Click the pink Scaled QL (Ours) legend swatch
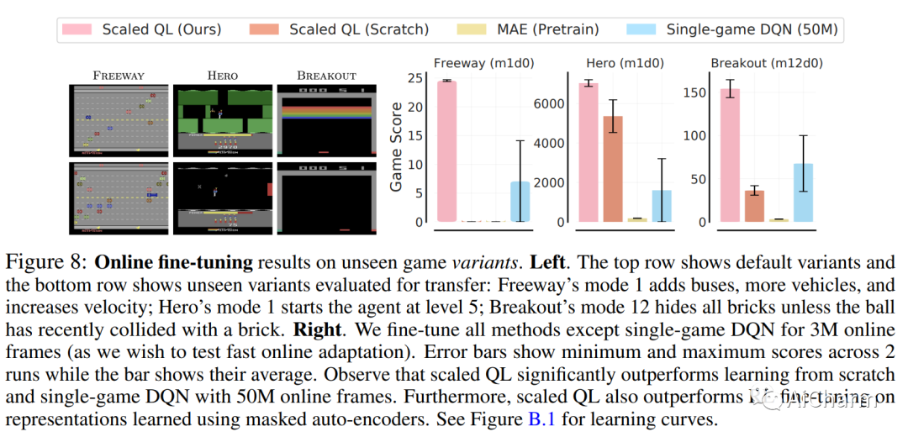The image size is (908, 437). click(x=80, y=29)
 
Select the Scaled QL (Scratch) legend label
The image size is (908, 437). click(x=359, y=29)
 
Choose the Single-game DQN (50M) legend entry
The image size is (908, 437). click(x=752, y=29)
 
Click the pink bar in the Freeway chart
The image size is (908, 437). click(x=446, y=151)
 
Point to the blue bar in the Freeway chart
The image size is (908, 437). click(x=520, y=202)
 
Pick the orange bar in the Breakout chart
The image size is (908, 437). click(x=754, y=206)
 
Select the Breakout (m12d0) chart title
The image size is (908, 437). click(x=767, y=63)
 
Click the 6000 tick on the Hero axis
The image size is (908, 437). click(x=547, y=103)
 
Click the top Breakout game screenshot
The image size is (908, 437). click(x=326, y=118)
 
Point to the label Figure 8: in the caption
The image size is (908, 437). click(x=47, y=261)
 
